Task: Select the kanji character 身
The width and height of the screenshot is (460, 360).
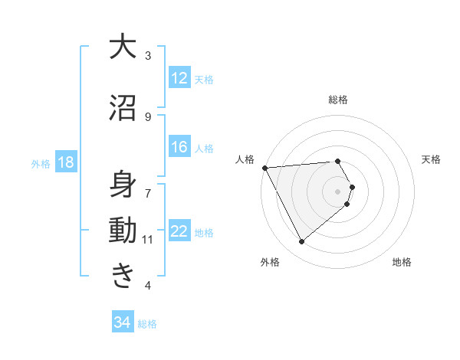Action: pyautogui.click(x=123, y=185)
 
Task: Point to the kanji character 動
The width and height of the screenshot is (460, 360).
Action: pyautogui.click(x=123, y=231)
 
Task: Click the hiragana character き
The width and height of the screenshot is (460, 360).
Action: pyautogui.click(x=123, y=275)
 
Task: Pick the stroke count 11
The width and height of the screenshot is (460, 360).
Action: pyautogui.click(x=147, y=240)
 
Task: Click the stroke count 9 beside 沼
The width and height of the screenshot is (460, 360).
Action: pyautogui.click(x=148, y=116)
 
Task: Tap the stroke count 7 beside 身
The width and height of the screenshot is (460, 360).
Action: pyautogui.click(x=148, y=186)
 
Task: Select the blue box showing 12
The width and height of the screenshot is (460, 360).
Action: pyautogui.click(x=179, y=78)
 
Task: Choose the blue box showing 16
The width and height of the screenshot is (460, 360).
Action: pyautogui.click(x=179, y=148)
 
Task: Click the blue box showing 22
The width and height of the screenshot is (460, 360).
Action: pyautogui.click(x=179, y=232)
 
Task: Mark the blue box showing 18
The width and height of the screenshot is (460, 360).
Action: pyautogui.click(x=65, y=163)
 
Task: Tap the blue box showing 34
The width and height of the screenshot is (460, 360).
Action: pyautogui.click(x=122, y=323)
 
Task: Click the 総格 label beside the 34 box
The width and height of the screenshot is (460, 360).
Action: pyautogui.click(x=147, y=324)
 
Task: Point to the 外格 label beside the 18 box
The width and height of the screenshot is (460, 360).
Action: pyautogui.click(x=41, y=164)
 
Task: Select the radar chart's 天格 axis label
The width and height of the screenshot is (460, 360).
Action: pyautogui.click(x=432, y=159)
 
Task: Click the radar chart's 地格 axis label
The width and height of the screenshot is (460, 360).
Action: pyautogui.click(x=402, y=263)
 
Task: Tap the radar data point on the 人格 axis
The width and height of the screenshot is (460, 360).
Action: pyautogui.click(x=264, y=167)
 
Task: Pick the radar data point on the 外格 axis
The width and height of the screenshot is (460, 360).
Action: pyautogui.click(x=301, y=242)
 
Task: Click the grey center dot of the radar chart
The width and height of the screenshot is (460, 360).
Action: pyautogui.click(x=338, y=191)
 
